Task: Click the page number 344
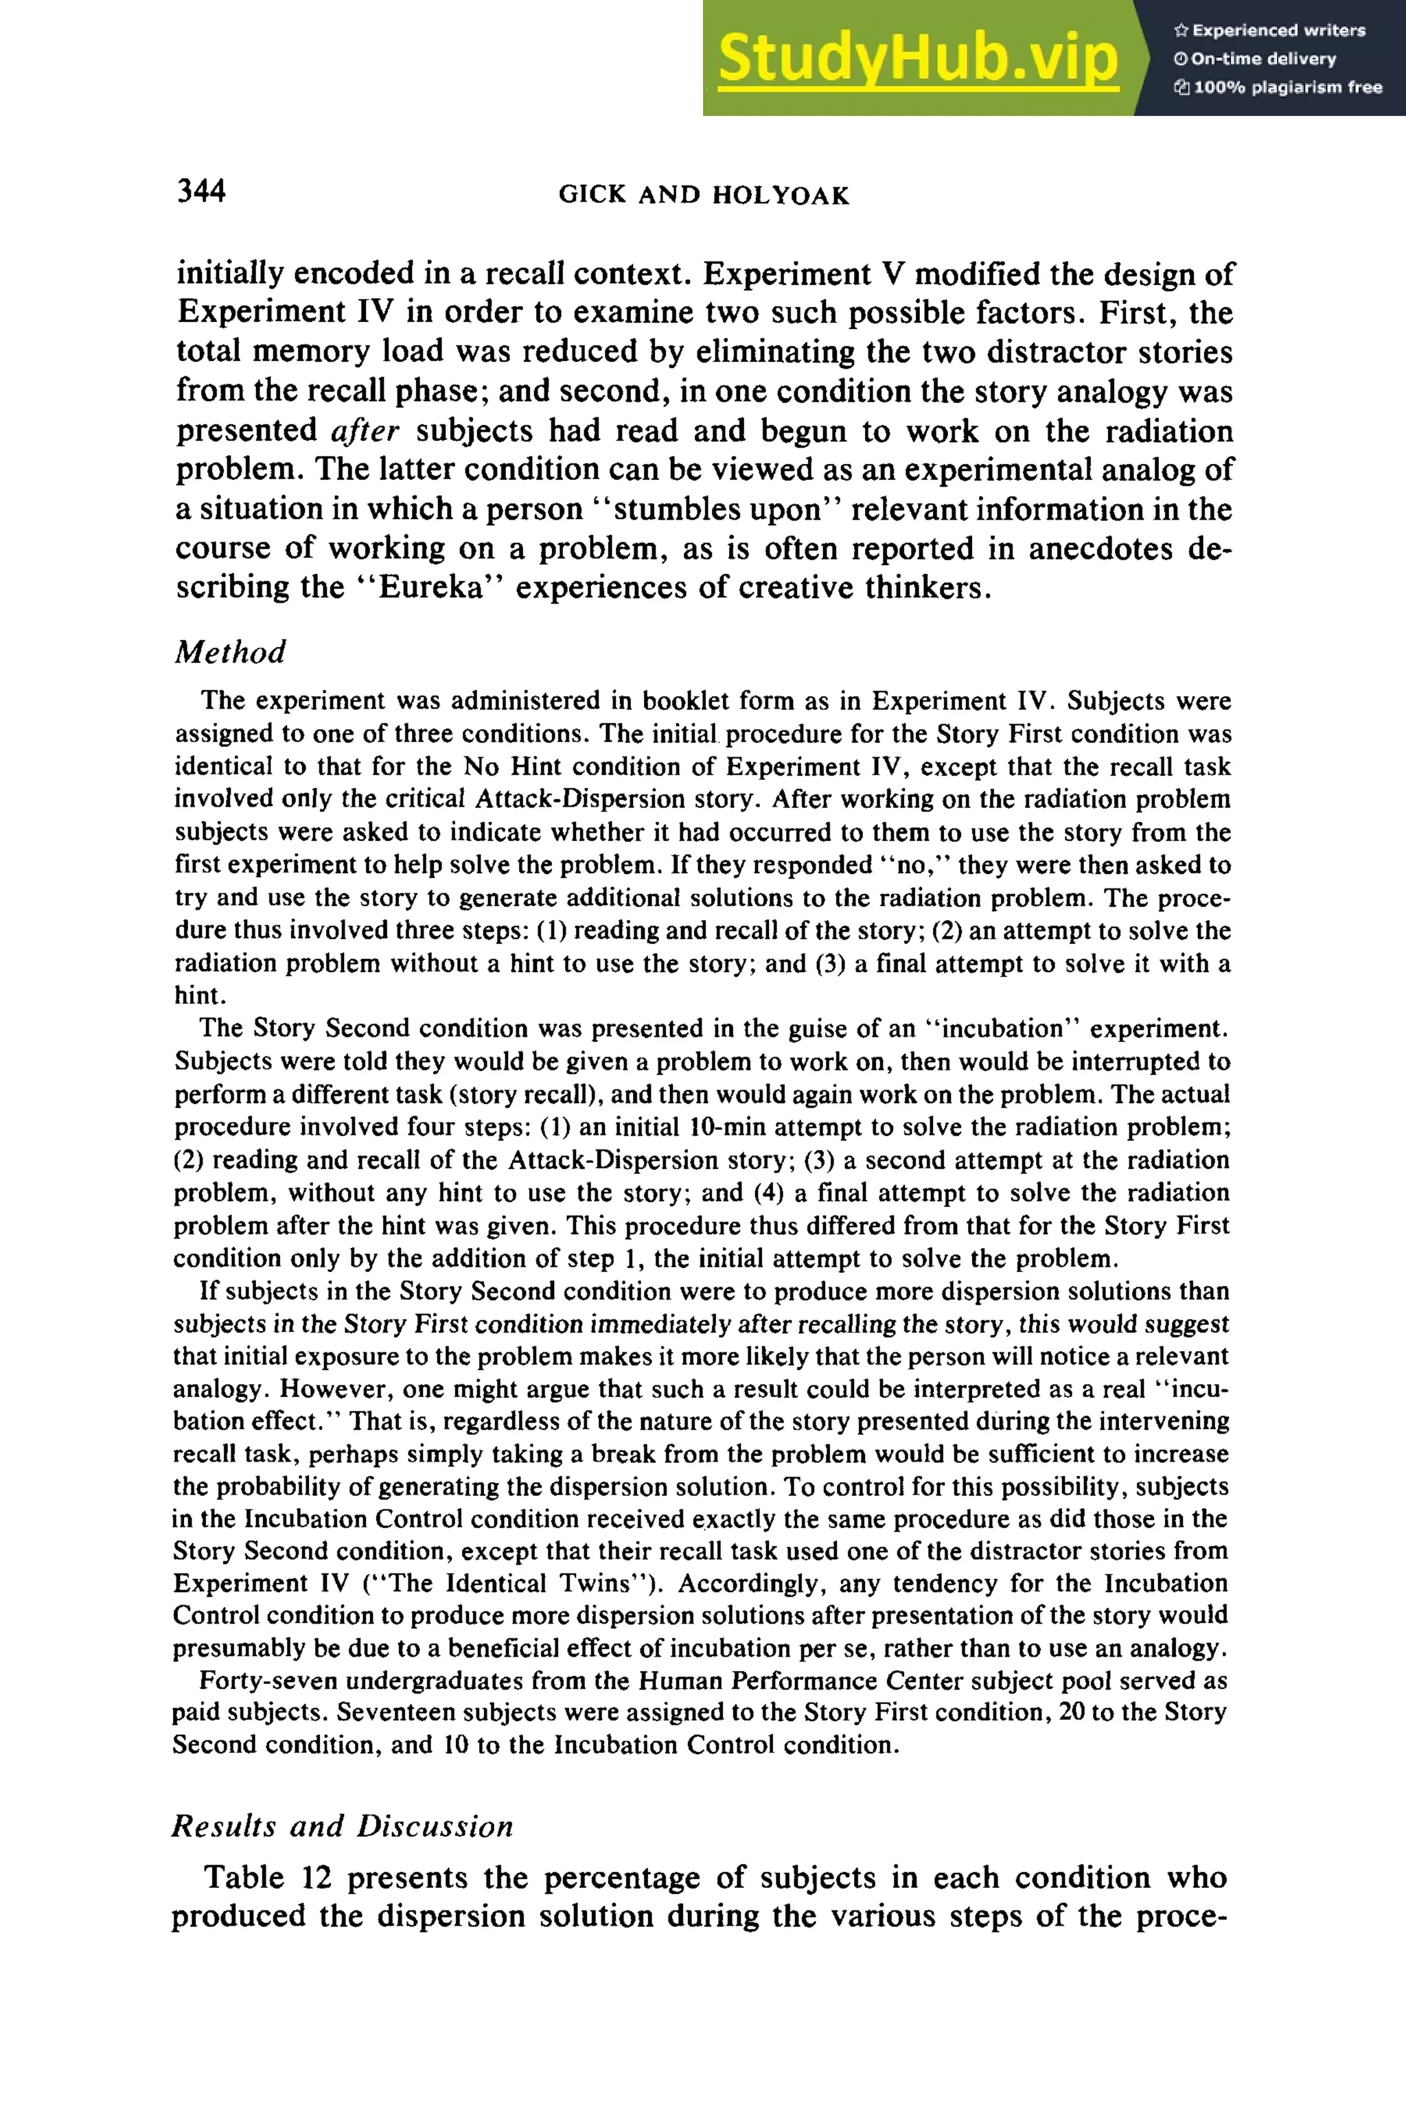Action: tap(202, 191)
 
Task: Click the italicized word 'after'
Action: tap(364, 431)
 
